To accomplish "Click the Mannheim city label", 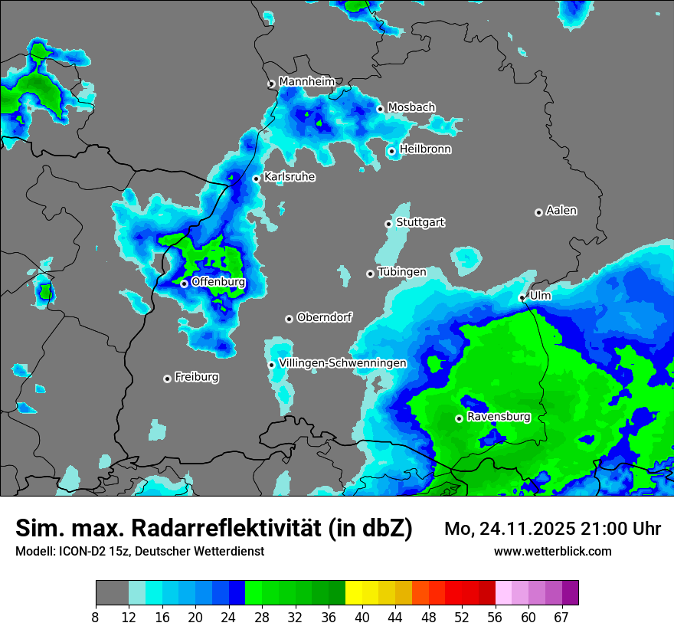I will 306,81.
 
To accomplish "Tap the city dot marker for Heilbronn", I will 391,151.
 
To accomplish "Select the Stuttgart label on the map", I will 420,222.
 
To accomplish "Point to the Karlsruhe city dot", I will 257,179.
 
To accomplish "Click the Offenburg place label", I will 218,282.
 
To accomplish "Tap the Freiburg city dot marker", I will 167,379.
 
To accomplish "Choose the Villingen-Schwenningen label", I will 342,362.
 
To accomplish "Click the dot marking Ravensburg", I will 459,418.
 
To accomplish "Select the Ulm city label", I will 540,295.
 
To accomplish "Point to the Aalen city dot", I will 538,212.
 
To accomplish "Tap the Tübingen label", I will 401,272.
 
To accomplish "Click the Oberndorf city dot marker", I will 289,319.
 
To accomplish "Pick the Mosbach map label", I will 411,107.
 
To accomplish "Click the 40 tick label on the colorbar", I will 362,617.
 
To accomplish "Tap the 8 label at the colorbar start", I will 96,617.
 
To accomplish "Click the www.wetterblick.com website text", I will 552,551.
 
